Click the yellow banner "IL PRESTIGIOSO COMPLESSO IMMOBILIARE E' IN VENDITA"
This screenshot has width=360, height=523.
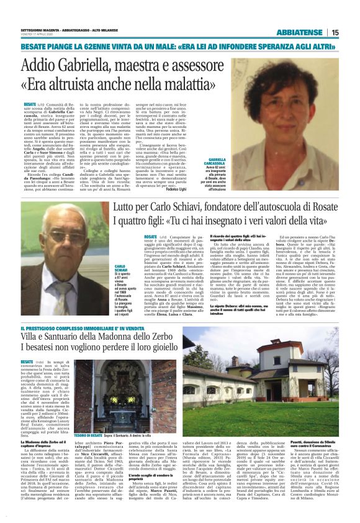tap(78, 328)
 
